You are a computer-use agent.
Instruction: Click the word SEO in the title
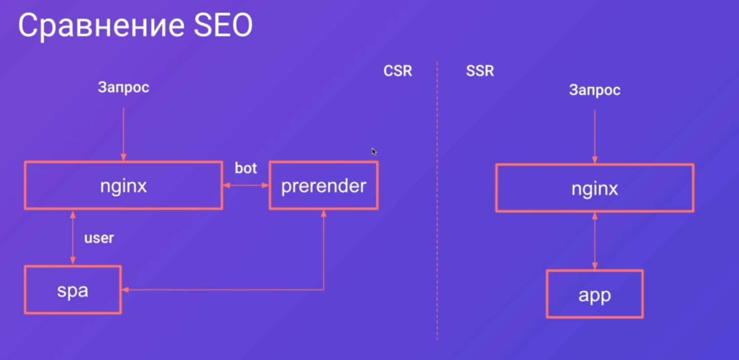coord(223,25)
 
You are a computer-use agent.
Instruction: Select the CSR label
coord(398,71)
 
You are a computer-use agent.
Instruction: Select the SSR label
coord(480,71)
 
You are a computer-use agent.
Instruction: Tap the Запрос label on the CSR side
coord(123,88)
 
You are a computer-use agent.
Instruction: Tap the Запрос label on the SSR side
coord(595,90)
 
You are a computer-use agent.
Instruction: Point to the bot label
coord(246,168)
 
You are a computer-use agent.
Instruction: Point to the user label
coord(99,238)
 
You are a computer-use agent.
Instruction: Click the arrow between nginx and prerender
coord(246,185)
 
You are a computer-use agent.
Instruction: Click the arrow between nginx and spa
coord(73,237)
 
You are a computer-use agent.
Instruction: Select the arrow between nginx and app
coord(595,241)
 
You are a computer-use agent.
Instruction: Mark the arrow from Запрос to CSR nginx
coord(124,134)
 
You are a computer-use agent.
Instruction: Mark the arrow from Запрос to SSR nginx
coord(595,137)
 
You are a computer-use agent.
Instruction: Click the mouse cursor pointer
coord(374,152)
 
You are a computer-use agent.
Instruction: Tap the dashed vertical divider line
coord(437,201)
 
